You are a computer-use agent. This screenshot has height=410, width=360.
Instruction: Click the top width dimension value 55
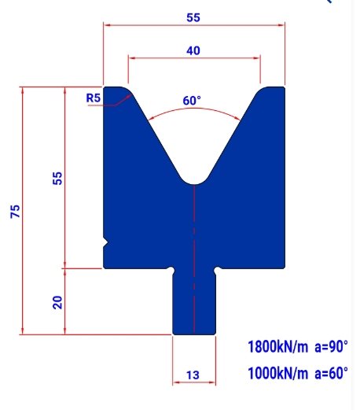(x=193, y=16)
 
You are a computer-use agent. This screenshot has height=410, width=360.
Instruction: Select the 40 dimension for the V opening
(x=193, y=50)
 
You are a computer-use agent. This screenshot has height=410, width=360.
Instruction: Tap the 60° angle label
(x=192, y=101)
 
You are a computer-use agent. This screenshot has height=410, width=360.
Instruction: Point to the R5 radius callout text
(x=93, y=98)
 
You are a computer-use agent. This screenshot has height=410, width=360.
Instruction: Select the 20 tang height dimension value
(x=57, y=301)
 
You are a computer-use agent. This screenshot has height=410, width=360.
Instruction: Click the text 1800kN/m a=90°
(x=297, y=346)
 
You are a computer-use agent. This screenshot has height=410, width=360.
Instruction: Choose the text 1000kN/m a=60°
(x=297, y=374)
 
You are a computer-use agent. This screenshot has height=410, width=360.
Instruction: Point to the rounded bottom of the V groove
(x=193, y=183)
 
